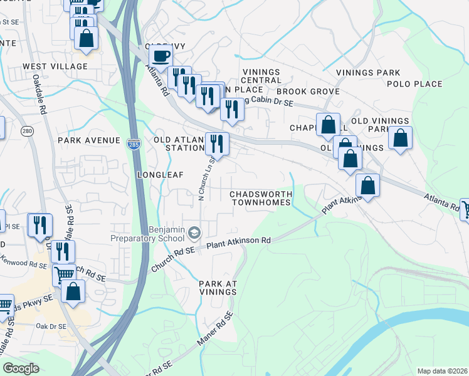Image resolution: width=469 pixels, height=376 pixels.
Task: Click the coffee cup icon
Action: (161, 55)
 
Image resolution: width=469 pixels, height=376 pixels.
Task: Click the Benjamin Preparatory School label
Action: (149, 234)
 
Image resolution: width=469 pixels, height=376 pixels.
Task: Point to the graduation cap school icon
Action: (194, 234)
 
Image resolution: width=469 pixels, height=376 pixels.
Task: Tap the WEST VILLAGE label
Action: (55, 66)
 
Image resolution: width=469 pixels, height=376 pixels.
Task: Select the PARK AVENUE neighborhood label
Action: (88, 140)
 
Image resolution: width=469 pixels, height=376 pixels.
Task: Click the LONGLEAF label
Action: (161, 175)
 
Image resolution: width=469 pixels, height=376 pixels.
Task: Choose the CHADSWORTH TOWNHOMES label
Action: (261, 198)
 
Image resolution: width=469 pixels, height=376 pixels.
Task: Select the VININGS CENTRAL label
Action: (261, 76)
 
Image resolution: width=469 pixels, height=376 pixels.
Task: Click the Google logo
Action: (21, 368)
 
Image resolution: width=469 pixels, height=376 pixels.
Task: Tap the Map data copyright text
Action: (441, 371)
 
